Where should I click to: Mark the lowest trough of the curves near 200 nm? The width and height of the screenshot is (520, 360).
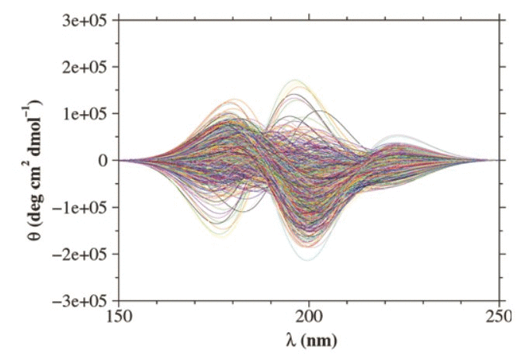(x=308, y=259)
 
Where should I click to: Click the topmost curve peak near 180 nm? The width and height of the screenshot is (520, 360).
(x=234, y=99)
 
